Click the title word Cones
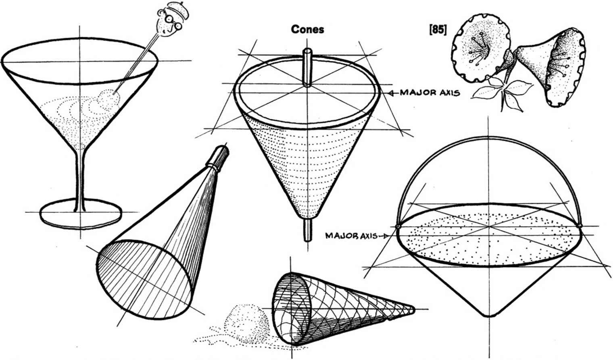[307, 29]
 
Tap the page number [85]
[438, 30]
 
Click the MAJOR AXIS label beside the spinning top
[430, 93]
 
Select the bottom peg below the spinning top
[307, 230]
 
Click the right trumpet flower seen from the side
[553, 67]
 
